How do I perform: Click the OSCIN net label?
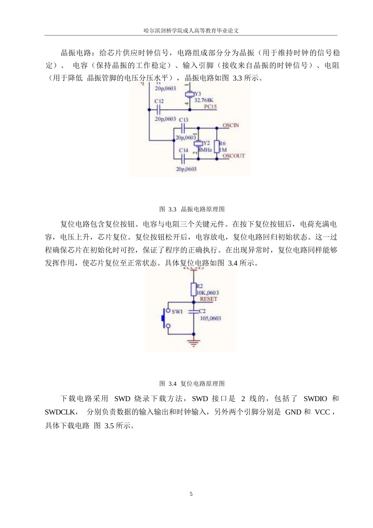pos(230,125)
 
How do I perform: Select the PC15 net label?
pos(210,106)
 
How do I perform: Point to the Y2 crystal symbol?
pos(198,144)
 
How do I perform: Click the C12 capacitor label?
pos(159,101)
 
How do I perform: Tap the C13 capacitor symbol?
pos(183,128)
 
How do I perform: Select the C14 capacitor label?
pos(183,150)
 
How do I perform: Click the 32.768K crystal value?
pos(204,100)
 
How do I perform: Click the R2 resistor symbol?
pos(193,290)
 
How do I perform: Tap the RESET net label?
pos(208,299)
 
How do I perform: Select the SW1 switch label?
pos(177,312)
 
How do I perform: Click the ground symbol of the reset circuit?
pos(193,342)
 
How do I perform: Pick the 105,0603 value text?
pos(210,318)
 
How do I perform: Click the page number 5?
pos(191,494)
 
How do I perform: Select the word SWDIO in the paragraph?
pos(315,399)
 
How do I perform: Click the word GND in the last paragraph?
pos(293,412)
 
